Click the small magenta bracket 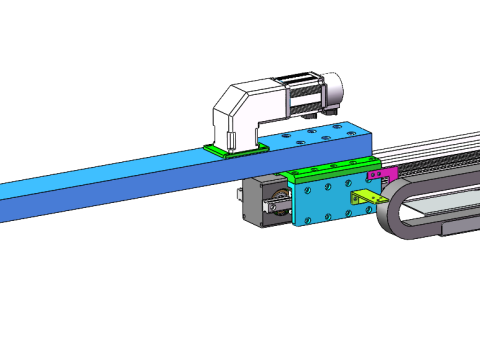pos(385,175)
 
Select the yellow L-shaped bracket pos(371,199)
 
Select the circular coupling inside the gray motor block pos(271,208)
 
